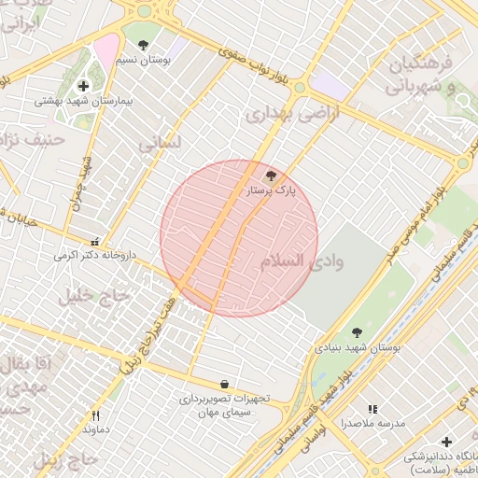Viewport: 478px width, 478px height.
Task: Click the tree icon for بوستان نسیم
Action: [143, 44]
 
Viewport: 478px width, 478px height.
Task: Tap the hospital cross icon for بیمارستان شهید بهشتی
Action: [83, 86]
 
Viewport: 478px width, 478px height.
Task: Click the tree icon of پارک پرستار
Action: [272, 175]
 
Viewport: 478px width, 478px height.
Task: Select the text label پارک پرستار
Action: [270, 190]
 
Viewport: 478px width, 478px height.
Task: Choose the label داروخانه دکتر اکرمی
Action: [95, 254]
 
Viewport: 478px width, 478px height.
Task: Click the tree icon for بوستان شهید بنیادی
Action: [357, 331]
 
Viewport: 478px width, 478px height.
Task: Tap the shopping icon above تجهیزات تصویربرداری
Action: [224, 384]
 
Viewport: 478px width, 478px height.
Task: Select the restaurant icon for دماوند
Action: [95, 415]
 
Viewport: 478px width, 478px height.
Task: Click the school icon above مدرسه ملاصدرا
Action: [373, 409]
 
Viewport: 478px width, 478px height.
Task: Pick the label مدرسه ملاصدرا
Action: [373, 423]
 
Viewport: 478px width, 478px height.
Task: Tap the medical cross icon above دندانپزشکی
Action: [446, 442]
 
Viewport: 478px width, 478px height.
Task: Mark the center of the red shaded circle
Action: [239, 238]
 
